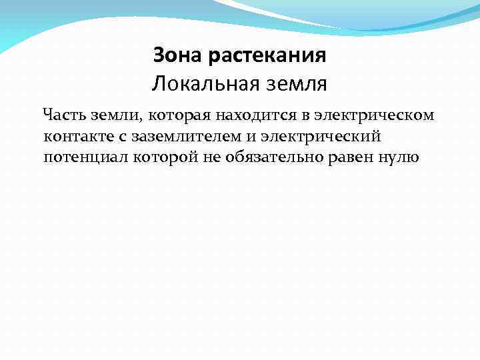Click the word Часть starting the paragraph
(63, 115)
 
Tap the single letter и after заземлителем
(259, 137)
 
